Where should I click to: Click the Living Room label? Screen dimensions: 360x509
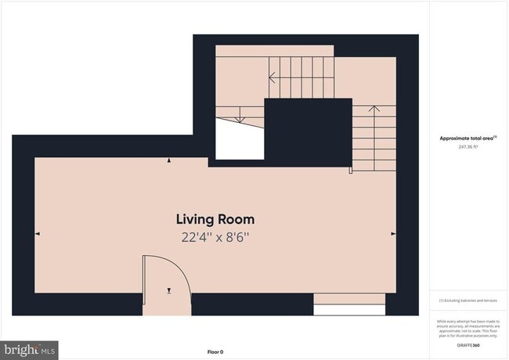tap(215, 219)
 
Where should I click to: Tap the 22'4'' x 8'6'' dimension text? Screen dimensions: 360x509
tap(215, 236)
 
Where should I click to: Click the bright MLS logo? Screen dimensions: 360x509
tap(30, 350)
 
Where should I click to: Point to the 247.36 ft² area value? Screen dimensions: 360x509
tap(468, 146)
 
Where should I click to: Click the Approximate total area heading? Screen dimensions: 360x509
tap(467, 138)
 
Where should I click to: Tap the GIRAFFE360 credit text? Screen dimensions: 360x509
tap(468, 344)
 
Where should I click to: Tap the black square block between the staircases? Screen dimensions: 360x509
tap(308, 131)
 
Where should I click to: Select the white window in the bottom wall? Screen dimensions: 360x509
tap(349, 309)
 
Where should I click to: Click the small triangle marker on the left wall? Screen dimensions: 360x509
tap(38, 233)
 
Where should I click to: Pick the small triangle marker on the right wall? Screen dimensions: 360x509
tap(393, 233)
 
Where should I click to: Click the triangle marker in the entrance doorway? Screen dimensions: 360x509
tap(168, 290)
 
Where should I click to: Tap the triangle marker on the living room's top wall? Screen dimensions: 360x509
tap(170, 160)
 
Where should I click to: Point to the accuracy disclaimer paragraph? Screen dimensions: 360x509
tap(468, 326)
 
